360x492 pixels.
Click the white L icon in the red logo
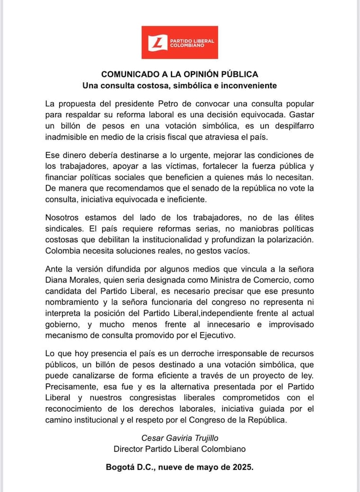(x=157, y=43)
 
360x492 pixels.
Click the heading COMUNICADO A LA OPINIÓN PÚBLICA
(x=180, y=74)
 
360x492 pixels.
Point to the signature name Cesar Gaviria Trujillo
(x=180, y=437)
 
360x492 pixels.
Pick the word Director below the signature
(x=129, y=449)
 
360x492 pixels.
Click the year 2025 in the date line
(x=242, y=467)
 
